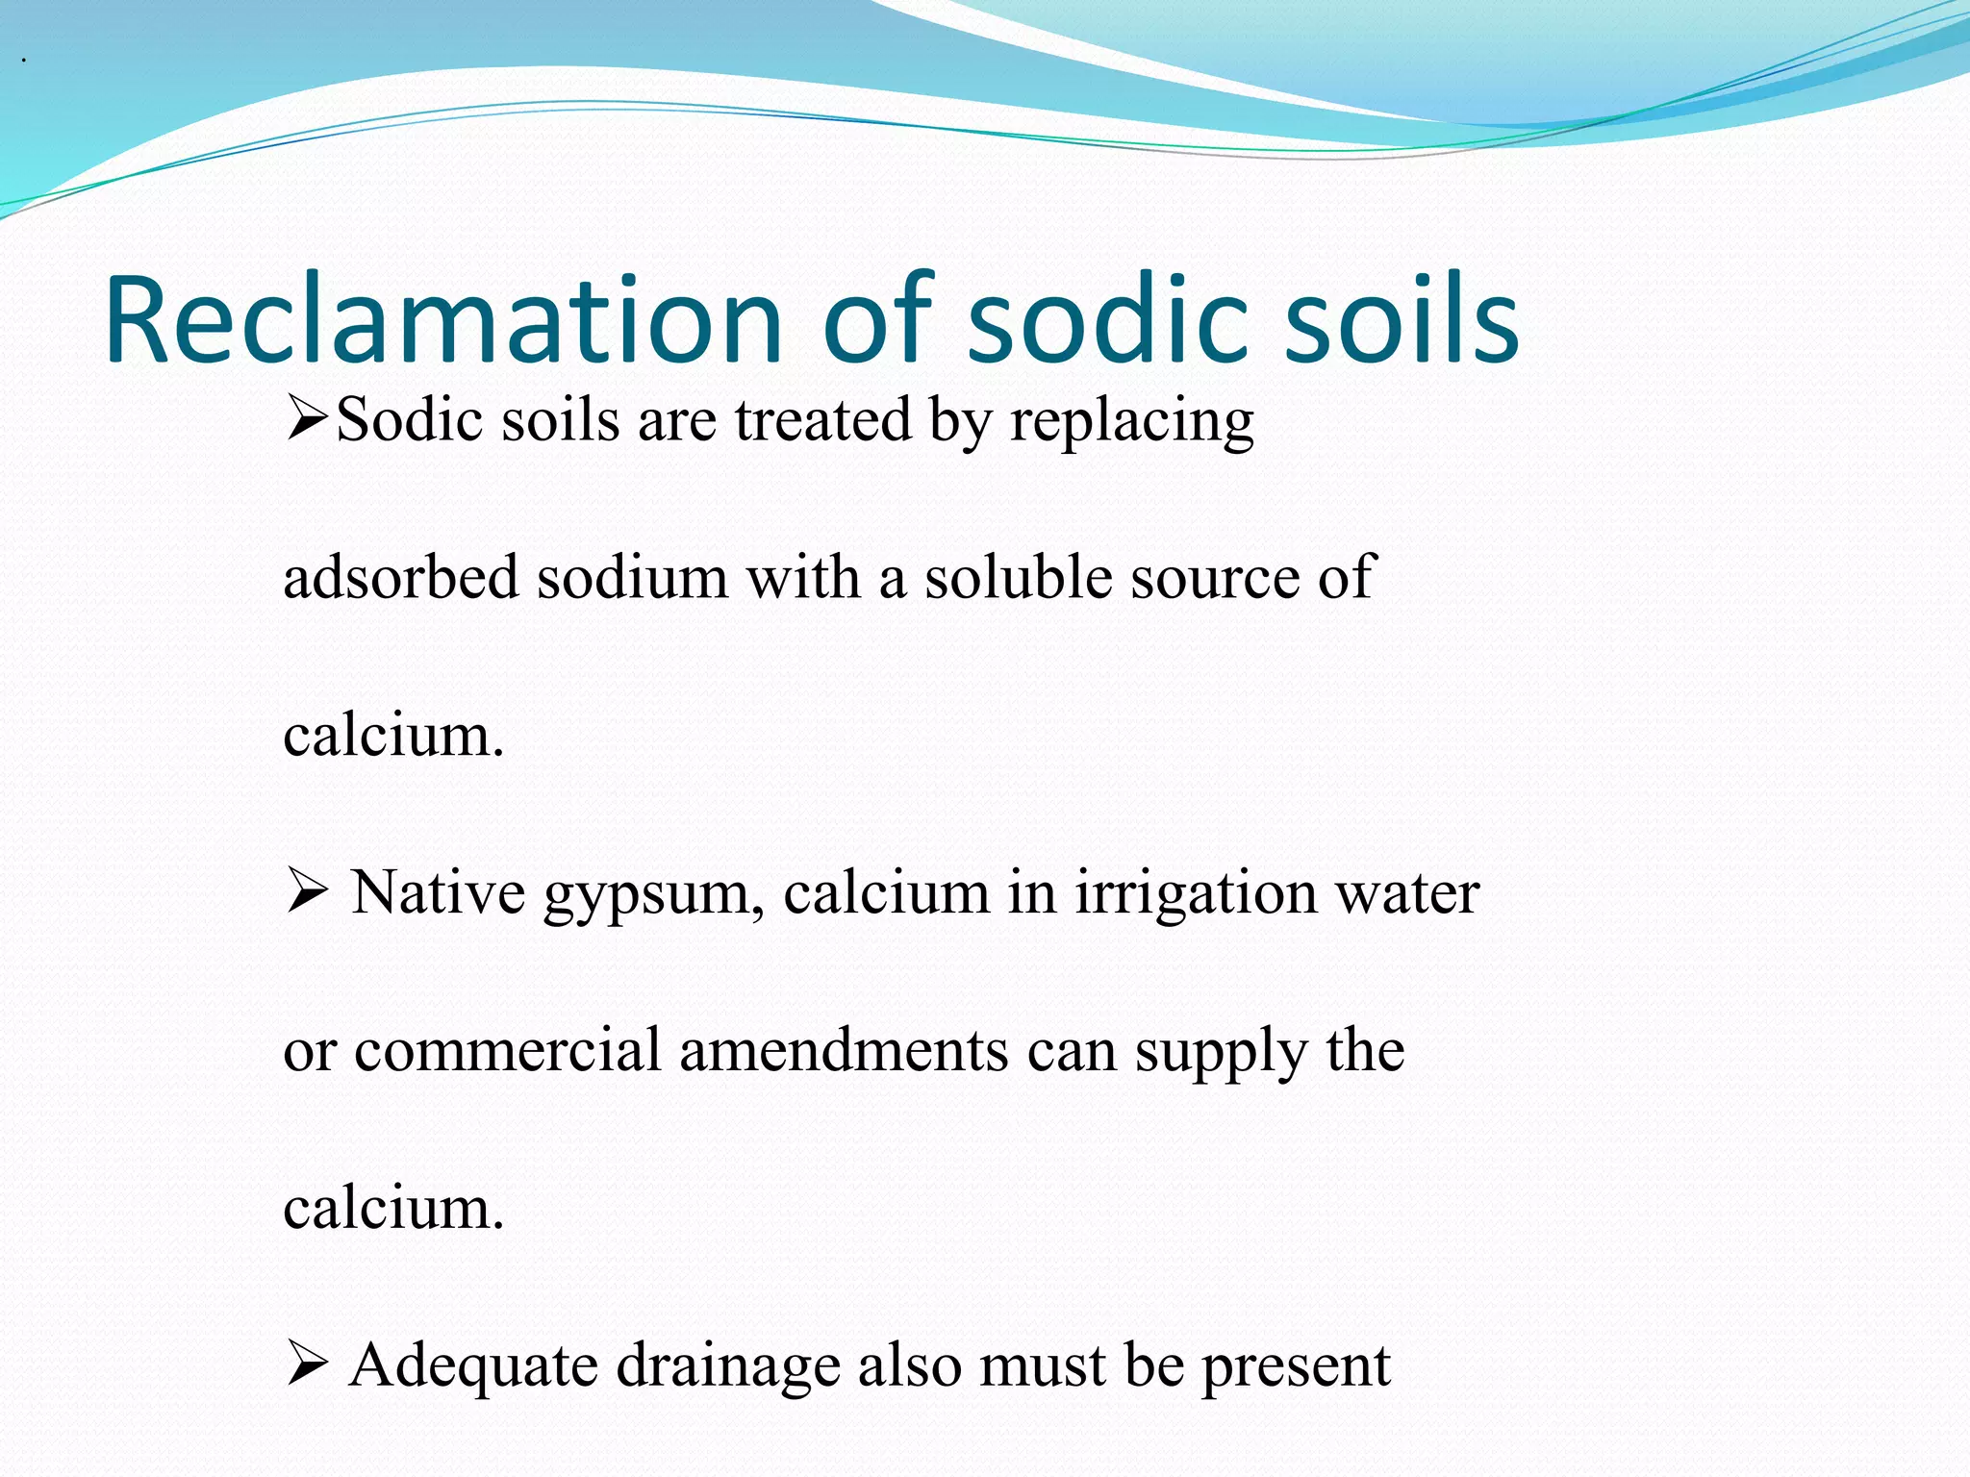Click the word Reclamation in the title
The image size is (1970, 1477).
[x=443, y=320]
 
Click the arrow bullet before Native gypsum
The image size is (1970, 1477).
[x=308, y=892]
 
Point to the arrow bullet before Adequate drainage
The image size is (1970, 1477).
[x=308, y=1364]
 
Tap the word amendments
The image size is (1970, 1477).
[x=844, y=1050]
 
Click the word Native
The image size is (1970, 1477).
[x=438, y=892]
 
